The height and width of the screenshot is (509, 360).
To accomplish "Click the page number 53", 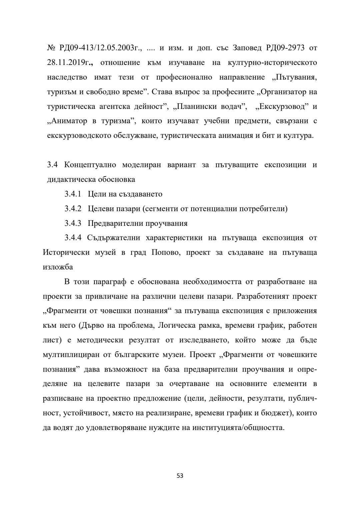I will point(180,476).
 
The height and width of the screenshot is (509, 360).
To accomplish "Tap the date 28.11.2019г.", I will point(69,63).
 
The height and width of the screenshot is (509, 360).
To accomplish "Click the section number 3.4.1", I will point(73,194).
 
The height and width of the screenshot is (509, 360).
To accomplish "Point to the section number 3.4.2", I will point(73,209).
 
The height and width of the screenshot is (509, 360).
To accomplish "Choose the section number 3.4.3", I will point(73,223).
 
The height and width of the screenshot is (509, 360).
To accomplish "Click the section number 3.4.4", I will point(73,238).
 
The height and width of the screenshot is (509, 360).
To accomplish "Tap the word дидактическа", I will point(71,180).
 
